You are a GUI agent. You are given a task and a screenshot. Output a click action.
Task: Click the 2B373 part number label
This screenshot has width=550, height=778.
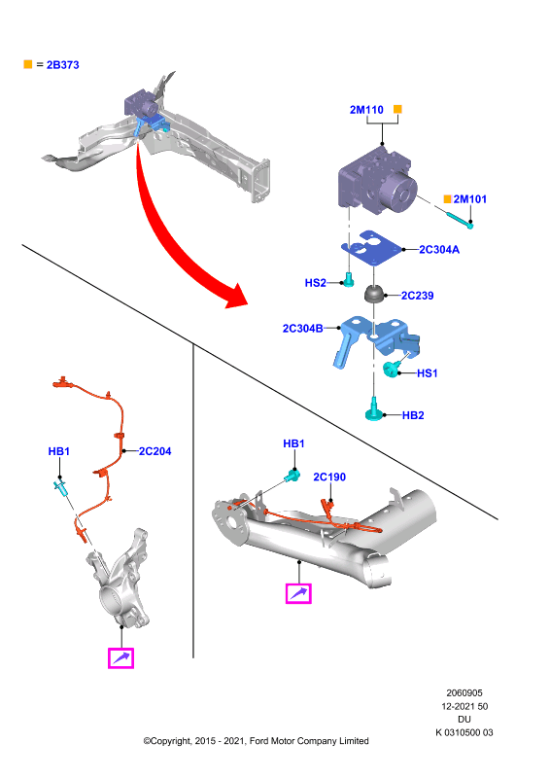[62, 65]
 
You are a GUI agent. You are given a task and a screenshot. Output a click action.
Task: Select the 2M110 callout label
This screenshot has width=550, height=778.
[366, 110]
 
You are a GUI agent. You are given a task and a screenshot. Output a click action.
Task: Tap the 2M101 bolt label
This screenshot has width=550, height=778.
[470, 199]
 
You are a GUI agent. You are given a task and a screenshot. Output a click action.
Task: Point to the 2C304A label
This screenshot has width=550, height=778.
[439, 250]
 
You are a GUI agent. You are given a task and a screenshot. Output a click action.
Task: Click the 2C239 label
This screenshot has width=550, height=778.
[418, 296]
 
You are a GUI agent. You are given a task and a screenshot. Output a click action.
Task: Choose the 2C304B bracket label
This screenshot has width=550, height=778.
[302, 329]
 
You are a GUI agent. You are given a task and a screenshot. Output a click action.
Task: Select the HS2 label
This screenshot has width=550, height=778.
[316, 283]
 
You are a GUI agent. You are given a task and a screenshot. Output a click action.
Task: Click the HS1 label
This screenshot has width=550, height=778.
[427, 373]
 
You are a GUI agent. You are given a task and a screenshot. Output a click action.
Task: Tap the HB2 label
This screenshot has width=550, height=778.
[413, 415]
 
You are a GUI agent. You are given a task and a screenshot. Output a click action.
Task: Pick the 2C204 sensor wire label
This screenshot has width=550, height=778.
[155, 451]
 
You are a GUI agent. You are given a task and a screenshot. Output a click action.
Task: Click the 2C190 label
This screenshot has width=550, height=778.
[329, 477]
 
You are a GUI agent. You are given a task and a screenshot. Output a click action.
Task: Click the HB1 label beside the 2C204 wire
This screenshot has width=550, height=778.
[59, 451]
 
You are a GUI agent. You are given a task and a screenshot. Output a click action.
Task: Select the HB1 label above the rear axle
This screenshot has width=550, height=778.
[293, 443]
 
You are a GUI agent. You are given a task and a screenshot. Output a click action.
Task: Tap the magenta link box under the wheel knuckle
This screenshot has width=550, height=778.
[121, 658]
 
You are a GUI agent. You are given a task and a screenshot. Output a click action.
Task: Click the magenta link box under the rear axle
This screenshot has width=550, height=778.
[298, 593]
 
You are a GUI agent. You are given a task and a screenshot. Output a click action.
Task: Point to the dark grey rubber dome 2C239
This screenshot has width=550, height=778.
[375, 294]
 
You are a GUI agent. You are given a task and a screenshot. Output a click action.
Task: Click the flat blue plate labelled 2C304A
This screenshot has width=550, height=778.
[371, 249]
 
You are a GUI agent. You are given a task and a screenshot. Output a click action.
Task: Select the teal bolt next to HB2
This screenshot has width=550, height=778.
[373, 409]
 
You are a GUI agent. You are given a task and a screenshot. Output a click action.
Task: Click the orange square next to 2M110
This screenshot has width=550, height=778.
[397, 109]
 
